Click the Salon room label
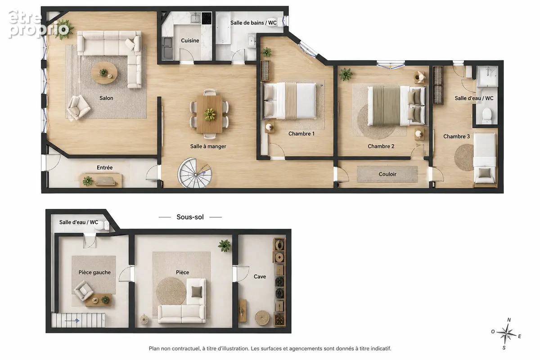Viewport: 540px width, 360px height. (x=106, y=98)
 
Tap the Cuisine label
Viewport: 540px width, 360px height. (x=190, y=40)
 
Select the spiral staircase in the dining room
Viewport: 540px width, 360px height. (x=195, y=173)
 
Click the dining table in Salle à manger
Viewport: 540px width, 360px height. (x=210, y=114)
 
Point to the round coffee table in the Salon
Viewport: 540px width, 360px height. (x=104, y=72)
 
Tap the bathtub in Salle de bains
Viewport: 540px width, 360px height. (x=223, y=28)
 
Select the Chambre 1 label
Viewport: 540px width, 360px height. (x=301, y=134)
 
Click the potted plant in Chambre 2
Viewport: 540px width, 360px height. (x=346, y=74)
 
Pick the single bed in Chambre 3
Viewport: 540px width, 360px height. (x=485, y=159)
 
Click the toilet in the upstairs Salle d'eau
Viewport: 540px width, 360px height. (x=487, y=116)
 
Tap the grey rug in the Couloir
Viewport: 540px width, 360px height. (x=387, y=174)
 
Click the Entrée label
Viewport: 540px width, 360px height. (x=104, y=167)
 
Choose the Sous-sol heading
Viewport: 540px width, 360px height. (x=190, y=217)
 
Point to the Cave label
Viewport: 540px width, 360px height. (x=260, y=277)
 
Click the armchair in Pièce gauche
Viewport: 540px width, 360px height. (x=84, y=291)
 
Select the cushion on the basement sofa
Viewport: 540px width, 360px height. (x=197, y=292)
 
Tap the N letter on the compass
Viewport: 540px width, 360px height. (x=509, y=320)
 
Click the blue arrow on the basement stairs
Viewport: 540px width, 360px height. (x=72, y=321)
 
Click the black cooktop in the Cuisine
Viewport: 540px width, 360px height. (x=207, y=18)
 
